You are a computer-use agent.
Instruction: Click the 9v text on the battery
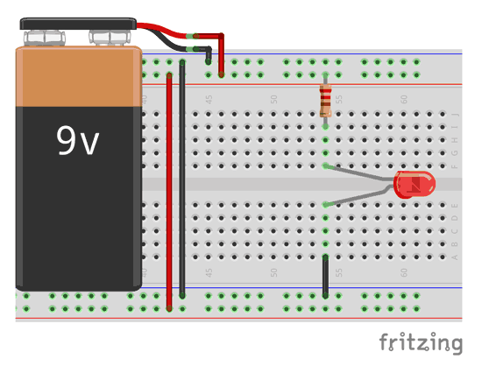pos(77,141)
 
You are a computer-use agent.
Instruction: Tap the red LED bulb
pos(415,185)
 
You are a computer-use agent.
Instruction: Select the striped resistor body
pos(325,100)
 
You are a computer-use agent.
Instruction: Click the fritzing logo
pos(421,343)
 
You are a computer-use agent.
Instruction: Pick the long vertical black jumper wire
pos(182,179)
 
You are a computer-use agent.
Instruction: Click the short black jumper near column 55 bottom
pos(325,276)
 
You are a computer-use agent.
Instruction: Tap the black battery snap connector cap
pos(78,24)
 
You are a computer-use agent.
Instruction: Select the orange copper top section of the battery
pos(78,77)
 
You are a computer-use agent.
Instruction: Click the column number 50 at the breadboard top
pos(274,100)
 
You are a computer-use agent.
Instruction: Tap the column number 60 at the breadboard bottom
pos(404,272)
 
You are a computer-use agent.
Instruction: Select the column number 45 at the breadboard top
pos(209,100)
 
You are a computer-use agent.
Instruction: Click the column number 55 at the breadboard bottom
pos(339,272)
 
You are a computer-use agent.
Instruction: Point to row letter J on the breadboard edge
pos(455,114)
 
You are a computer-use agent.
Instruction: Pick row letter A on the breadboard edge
pos(455,257)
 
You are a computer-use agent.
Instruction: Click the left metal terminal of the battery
pos(45,38)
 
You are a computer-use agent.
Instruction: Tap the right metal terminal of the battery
pos(110,38)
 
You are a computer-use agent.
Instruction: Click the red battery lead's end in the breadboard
pos(221,74)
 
